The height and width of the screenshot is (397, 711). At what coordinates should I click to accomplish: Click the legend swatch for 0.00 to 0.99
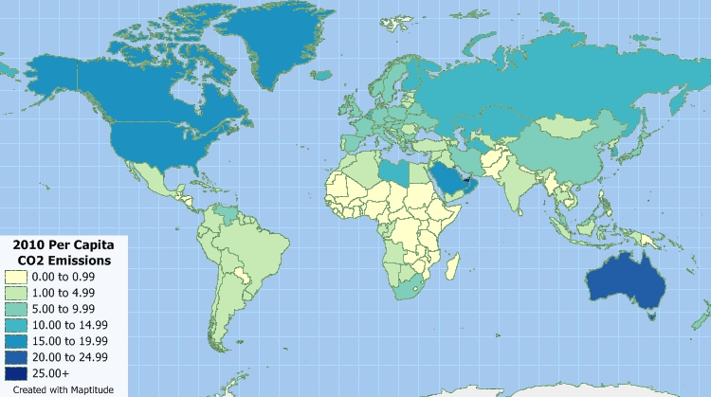15,277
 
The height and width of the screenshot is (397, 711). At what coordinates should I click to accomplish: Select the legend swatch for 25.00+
15,373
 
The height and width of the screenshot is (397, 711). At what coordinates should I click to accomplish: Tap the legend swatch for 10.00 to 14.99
15,325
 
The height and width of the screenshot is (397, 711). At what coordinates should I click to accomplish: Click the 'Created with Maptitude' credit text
59,388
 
